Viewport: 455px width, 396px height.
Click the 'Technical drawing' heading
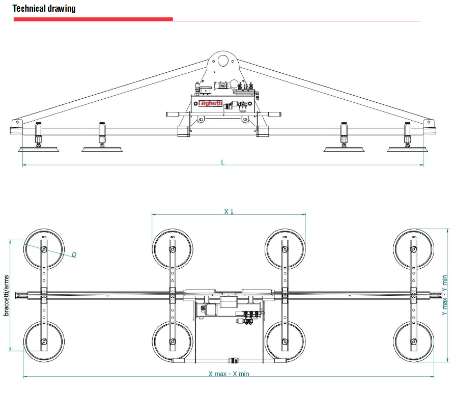[44, 9]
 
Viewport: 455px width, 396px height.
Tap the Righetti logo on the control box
[210, 103]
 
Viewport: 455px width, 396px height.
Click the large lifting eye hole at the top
[223, 61]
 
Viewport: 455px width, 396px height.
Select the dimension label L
[223, 162]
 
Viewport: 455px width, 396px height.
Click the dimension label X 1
[229, 212]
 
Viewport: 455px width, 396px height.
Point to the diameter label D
[74, 254]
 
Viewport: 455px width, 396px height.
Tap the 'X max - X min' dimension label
[229, 374]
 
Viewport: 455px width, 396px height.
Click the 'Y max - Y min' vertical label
[444, 295]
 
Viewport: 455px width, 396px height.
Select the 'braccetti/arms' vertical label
[6, 295]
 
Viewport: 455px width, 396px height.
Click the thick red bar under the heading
[93, 19]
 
